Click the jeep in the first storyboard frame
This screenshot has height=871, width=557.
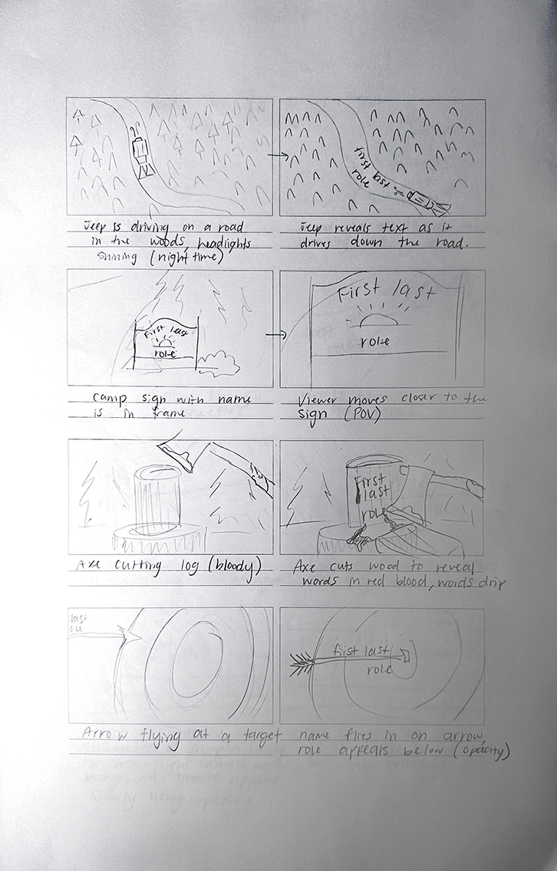(140, 156)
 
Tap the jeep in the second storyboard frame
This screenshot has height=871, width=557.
(426, 201)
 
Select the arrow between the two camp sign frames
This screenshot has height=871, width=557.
(275, 335)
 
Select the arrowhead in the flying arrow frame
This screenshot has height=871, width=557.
(129, 636)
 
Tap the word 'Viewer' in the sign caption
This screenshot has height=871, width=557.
(318, 399)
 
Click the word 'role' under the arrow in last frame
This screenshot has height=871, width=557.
(377, 669)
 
